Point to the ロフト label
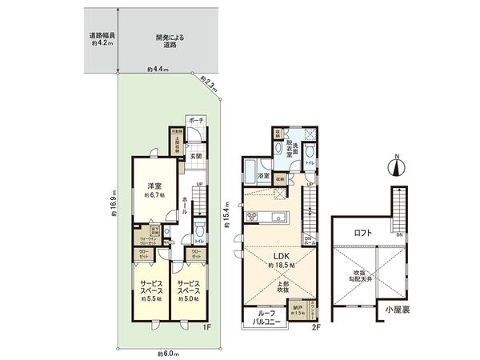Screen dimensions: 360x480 pyautogui.click(x=364, y=234)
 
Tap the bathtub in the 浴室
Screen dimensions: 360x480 pyautogui.click(x=264, y=176)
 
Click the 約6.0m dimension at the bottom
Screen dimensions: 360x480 pyautogui.click(x=168, y=353)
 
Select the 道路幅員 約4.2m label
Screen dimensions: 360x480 pyautogui.click(x=102, y=40)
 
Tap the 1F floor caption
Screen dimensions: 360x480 pyautogui.click(x=205, y=326)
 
